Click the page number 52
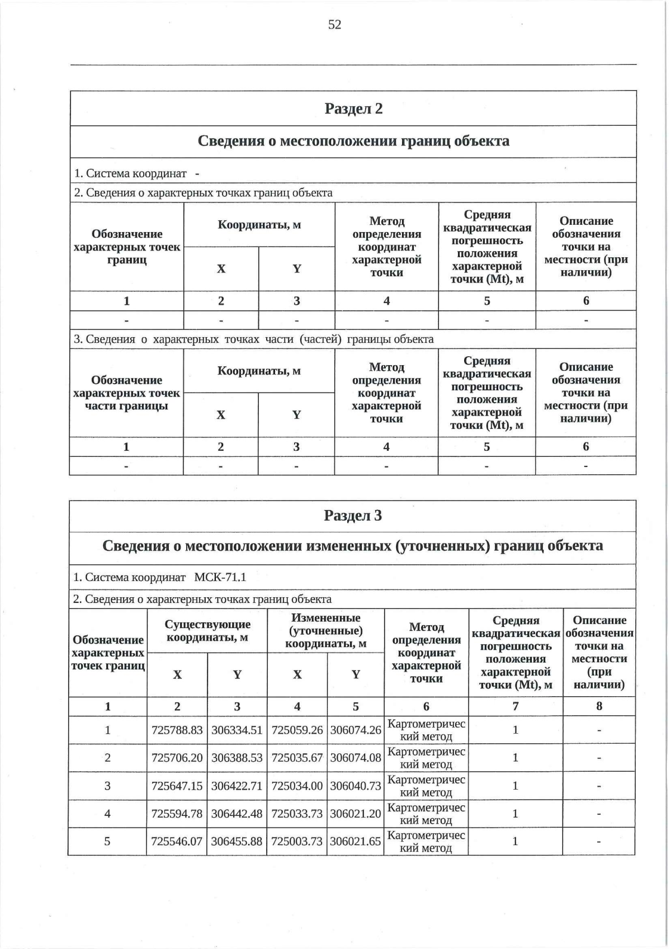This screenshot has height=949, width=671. point(334,25)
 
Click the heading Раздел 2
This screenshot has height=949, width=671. point(353,108)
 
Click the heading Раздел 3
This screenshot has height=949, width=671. point(353,516)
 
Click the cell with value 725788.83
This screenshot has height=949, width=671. point(177,730)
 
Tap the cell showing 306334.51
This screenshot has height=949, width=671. point(237,730)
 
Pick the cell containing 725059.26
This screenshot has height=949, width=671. point(297,730)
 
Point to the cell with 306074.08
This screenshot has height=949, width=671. point(356,758)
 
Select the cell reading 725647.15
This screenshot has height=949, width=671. point(177,786)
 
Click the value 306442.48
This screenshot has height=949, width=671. point(237,814)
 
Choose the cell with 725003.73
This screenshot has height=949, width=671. point(297,842)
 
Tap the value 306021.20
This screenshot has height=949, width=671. point(356,814)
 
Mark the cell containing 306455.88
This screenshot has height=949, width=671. point(237,842)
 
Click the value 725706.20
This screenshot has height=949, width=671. point(177,758)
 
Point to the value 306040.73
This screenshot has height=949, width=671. point(356,786)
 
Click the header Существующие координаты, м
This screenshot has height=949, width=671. point(207,631)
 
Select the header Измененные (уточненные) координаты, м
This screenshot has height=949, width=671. point(326,631)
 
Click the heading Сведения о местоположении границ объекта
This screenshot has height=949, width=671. point(353,141)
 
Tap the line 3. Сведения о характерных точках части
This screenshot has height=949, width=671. point(254,339)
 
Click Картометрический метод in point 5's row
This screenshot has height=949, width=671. point(426,842)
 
